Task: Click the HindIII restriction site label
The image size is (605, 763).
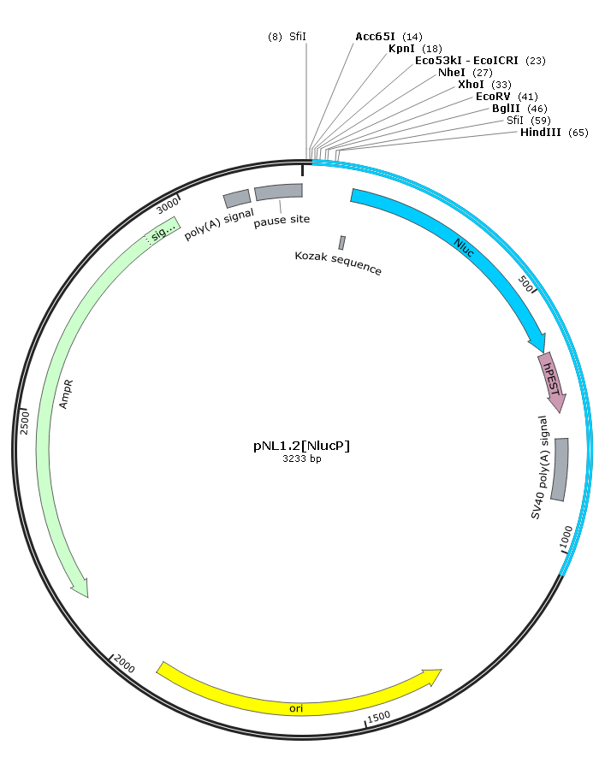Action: pos(540,133)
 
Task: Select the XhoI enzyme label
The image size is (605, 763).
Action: pos(471,85)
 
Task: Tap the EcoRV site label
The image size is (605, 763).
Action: pos(493,97)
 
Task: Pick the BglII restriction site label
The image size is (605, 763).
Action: pos(506,109)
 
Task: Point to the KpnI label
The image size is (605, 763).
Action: pos(401,49)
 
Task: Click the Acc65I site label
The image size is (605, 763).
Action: pos(375,37)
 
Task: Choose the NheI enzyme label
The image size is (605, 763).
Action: pos(451,73)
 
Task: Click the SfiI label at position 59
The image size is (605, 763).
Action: pos(515,121)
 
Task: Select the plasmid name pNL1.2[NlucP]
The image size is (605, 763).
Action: pos(302,446)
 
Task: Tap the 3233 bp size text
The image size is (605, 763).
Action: pos(302,458)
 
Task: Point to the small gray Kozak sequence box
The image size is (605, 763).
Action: pos(342,242)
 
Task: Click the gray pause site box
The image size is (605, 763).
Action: pos(279,192)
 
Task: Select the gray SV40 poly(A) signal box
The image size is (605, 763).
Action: pos(560,469)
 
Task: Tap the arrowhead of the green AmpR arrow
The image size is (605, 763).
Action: pos(81,588)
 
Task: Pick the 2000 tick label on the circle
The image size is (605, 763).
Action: pos(123,664)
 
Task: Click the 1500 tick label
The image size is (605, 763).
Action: pos(379,717)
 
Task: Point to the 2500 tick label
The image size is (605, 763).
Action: pos(24,423)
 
